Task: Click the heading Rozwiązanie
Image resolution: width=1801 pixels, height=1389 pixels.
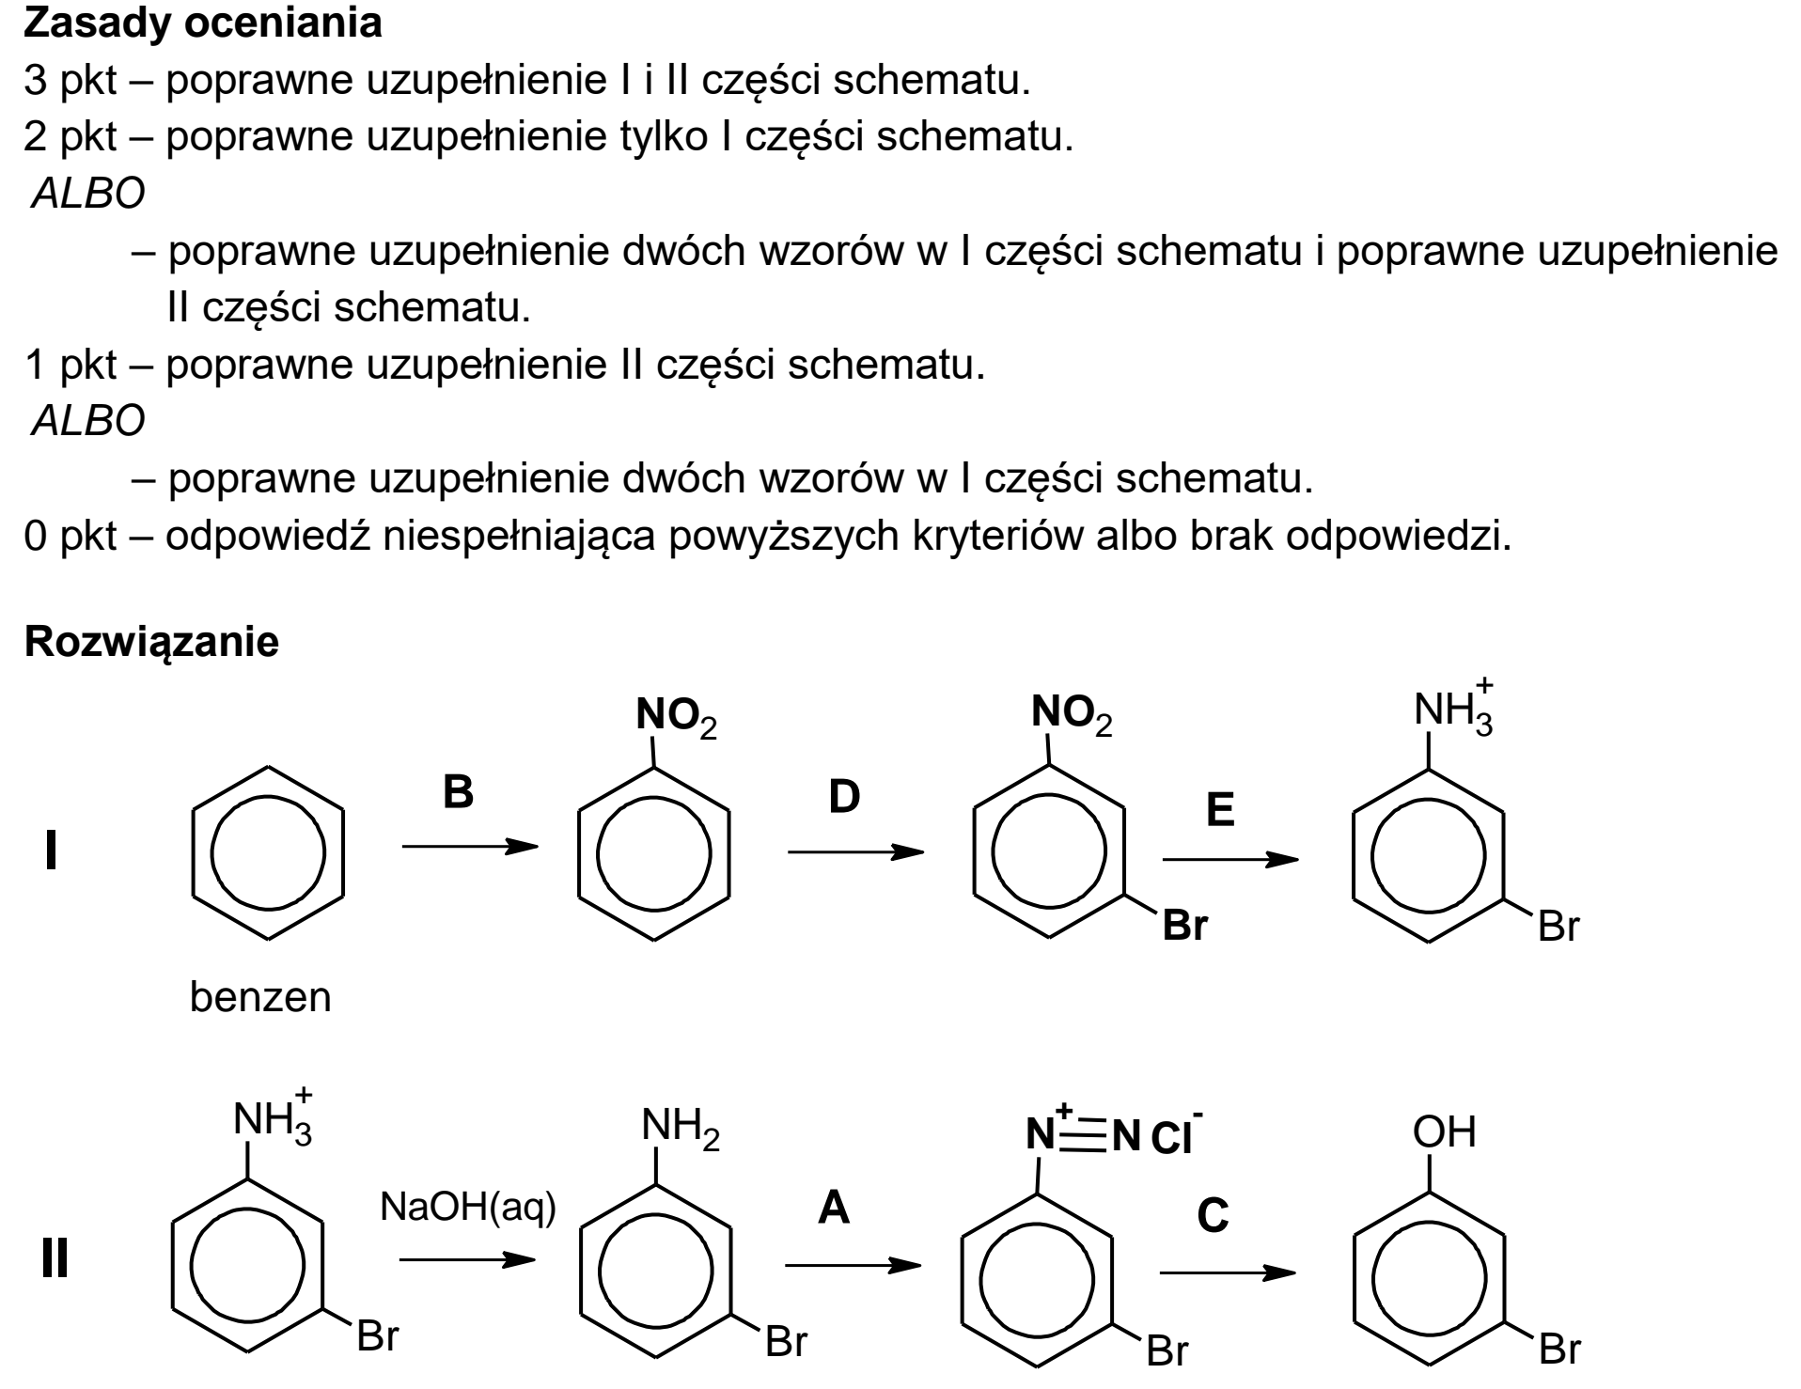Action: coord(151,643)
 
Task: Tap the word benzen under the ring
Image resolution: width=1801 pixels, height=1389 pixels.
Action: coord(260,997)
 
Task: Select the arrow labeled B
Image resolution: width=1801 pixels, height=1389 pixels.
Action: coord(470,847)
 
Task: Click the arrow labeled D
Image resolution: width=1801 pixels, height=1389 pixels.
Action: coord(855,852)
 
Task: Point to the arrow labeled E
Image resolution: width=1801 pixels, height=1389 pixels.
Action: coord(1230,859)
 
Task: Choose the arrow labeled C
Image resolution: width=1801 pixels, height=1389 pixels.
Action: coord(1228,1272)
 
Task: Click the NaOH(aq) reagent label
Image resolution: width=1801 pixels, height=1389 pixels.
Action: coord(467,1208)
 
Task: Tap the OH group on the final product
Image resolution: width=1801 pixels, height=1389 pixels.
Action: coord(1445,1132)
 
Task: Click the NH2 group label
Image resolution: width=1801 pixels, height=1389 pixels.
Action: coord(681,1128)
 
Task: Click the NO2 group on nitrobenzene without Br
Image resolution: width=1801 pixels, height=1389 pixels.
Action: coord(676,717)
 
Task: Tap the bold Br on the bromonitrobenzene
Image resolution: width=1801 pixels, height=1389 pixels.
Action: coord(1184,926)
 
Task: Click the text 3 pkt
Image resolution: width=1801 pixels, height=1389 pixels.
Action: coord(70,82)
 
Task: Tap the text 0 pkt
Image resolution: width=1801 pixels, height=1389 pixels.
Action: coord(70,537)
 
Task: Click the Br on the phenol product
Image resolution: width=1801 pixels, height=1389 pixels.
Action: coord(1559,1350)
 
